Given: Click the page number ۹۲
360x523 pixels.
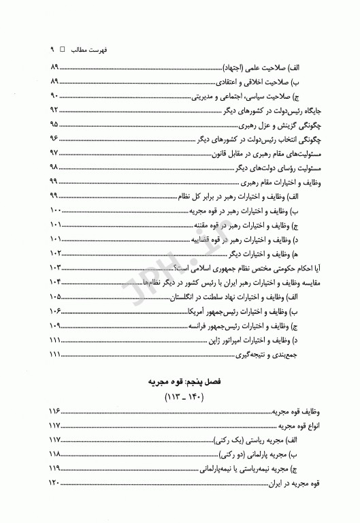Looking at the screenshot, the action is click(x=54, y=110).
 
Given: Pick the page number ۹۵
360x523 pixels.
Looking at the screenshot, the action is click(x=54, y=125).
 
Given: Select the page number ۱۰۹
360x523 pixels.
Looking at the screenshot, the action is click(x=56, y=325).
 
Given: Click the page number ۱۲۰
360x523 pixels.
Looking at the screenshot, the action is click(x=56, y=484).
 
